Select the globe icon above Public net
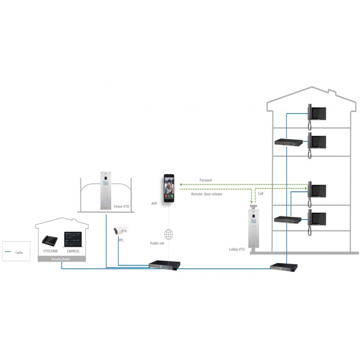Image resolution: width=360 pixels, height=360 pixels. coord(169,234)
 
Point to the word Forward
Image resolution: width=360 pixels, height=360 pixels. coord(206,180)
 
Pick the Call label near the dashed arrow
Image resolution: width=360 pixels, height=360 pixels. coord(261,193)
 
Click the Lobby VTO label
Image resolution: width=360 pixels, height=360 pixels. coord(237,249)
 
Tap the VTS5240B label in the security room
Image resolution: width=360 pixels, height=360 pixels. coord(50,251)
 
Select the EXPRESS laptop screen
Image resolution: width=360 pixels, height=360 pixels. coord(73,238)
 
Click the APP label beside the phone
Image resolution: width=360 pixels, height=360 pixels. coord(154,203)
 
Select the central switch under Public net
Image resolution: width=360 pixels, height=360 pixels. coord(165,264)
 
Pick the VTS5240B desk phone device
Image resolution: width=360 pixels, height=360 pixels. coord(49,239)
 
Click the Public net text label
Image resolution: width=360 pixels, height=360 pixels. coord(158,243)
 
